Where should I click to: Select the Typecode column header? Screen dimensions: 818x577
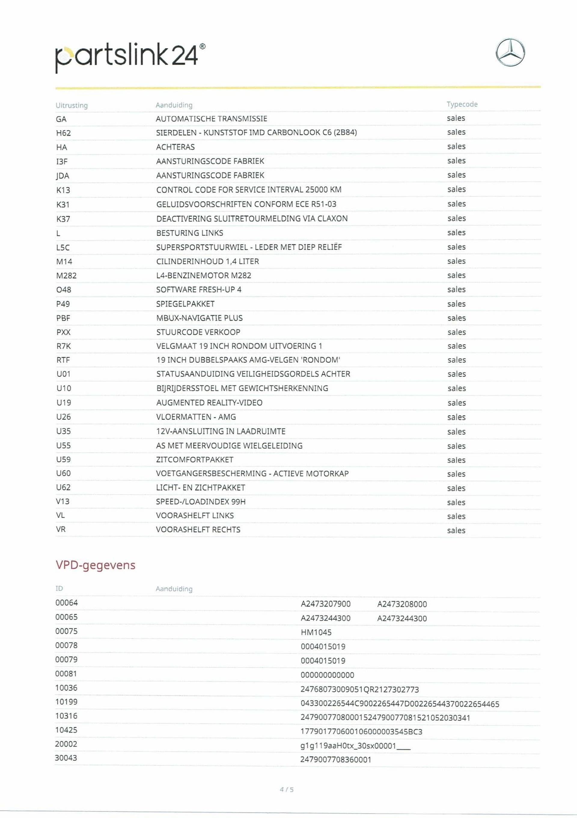click(x=462, y=104)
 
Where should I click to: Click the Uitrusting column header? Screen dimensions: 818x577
click(x=72, y=105)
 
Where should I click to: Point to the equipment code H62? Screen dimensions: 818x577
click(x=63, y=133)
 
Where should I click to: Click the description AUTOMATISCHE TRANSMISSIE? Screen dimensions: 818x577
click(x=212, y=119)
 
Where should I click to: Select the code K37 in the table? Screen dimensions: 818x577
click(x=63, y=219)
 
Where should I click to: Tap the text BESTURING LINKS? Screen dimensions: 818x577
click(x=190, y=233)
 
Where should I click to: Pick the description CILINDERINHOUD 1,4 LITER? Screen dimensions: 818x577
click(x=208, y=261)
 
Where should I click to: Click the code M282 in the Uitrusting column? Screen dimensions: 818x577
click(x=66, y=275)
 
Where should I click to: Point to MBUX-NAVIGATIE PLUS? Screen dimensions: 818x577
click(x=199, y=318)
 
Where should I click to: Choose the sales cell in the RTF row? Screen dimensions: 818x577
click(x=456, y=360)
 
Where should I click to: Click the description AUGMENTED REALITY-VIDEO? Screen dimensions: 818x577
click(x=209, y=403)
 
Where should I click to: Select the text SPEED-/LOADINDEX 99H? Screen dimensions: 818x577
click(x=201, y=502)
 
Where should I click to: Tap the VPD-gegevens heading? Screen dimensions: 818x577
click(x=96, y=565)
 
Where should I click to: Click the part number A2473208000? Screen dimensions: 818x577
click(x=402, y=604)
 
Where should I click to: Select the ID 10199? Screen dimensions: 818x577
click(x=66, y=702)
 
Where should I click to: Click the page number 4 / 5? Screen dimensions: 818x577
click(x=287, y=789)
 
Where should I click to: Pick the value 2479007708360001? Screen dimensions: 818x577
click(x=336, y=759)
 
